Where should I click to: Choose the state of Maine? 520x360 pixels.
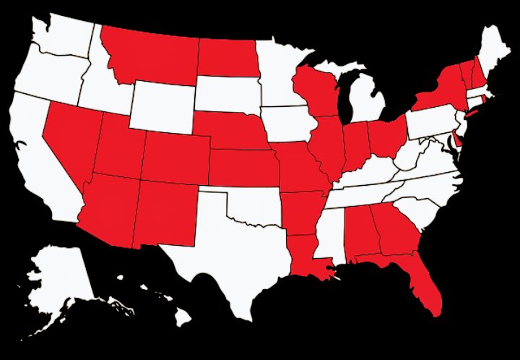[498, 54]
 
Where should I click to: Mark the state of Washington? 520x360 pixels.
[61, 36]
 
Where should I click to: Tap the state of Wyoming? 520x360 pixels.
[162, 101]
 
